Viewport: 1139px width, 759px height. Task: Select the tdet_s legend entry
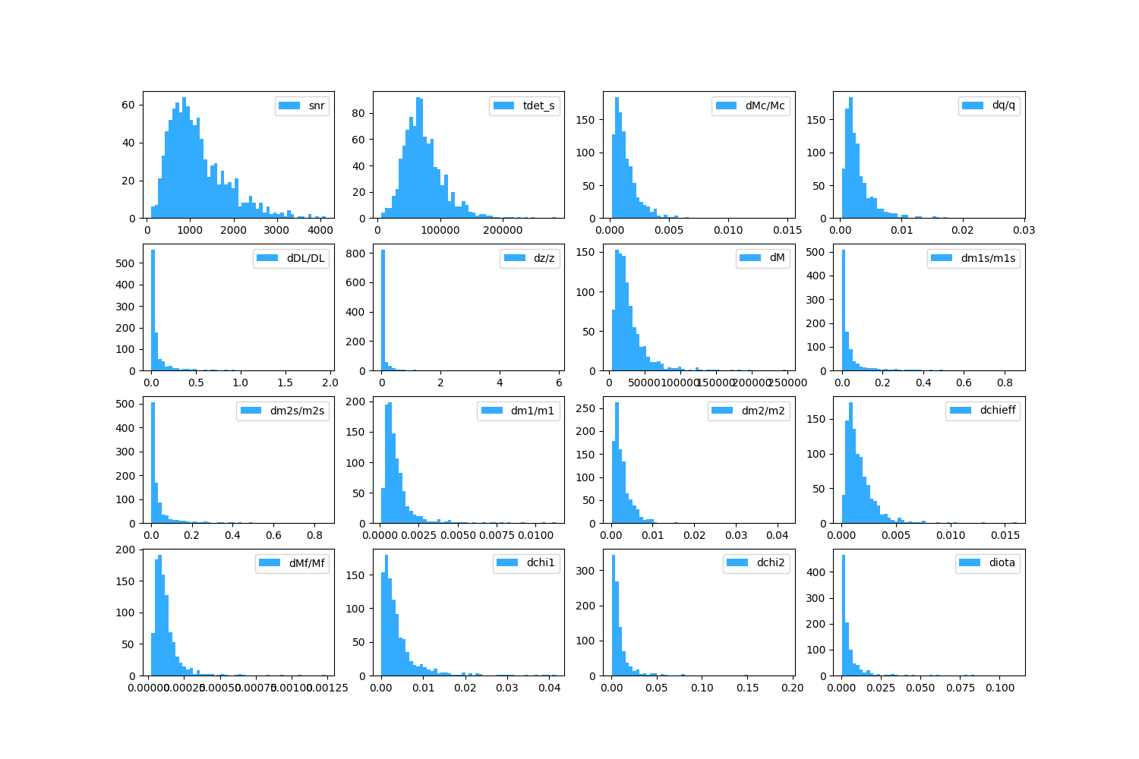[538, 106]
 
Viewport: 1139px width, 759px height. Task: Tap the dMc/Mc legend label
[765, 106]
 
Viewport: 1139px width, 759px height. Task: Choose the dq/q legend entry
[1003, 106]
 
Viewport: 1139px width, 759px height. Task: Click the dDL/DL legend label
[305, 258]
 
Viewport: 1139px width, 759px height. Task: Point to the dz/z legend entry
[544, 258]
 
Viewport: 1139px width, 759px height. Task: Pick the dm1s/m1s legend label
[988, 258]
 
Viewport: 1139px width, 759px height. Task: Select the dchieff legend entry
[997, 411]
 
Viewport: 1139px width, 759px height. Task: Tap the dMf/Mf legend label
[307, 563]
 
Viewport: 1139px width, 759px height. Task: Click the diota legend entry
[1002, 563]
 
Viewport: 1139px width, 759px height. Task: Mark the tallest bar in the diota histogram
[843, 615]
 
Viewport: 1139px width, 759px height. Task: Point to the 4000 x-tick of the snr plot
[320, 230]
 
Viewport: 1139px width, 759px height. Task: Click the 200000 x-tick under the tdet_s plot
[503, 230]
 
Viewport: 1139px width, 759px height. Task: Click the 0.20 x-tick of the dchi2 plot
[793, 688]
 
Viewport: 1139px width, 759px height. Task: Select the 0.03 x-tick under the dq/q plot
[1024, 230]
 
